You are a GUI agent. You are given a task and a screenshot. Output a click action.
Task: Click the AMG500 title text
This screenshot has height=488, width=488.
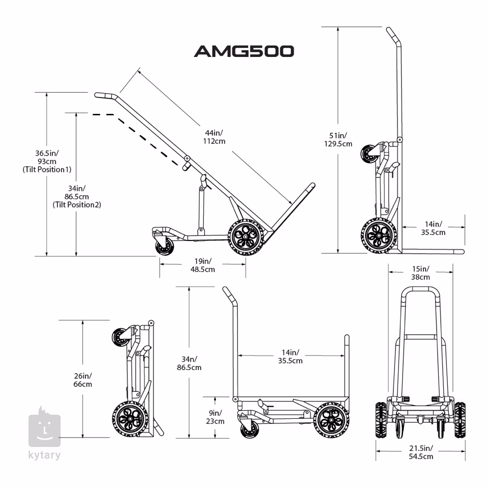tap(244, 51)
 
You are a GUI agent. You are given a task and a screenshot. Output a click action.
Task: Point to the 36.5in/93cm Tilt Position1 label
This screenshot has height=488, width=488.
tap(46, 160)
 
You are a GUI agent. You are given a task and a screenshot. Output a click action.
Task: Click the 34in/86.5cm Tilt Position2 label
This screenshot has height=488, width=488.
tap(77, 196)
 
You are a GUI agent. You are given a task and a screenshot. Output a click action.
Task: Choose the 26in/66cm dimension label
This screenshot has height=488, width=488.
tap(83, 380)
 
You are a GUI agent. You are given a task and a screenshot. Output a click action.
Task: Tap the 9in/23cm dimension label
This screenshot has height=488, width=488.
tap(215, 417)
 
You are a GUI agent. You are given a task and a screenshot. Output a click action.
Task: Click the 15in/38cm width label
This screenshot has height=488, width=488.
tap(420, 272)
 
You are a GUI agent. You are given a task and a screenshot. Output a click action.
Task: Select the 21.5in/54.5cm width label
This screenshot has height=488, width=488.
tap(421, 452)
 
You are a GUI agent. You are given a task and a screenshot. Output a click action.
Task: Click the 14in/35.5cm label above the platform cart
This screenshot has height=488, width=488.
tap(290, 356)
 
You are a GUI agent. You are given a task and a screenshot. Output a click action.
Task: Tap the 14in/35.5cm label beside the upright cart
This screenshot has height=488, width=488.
tap(433, 228)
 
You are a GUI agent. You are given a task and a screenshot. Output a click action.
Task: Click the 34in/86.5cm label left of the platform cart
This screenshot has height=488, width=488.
tap(189, 362)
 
